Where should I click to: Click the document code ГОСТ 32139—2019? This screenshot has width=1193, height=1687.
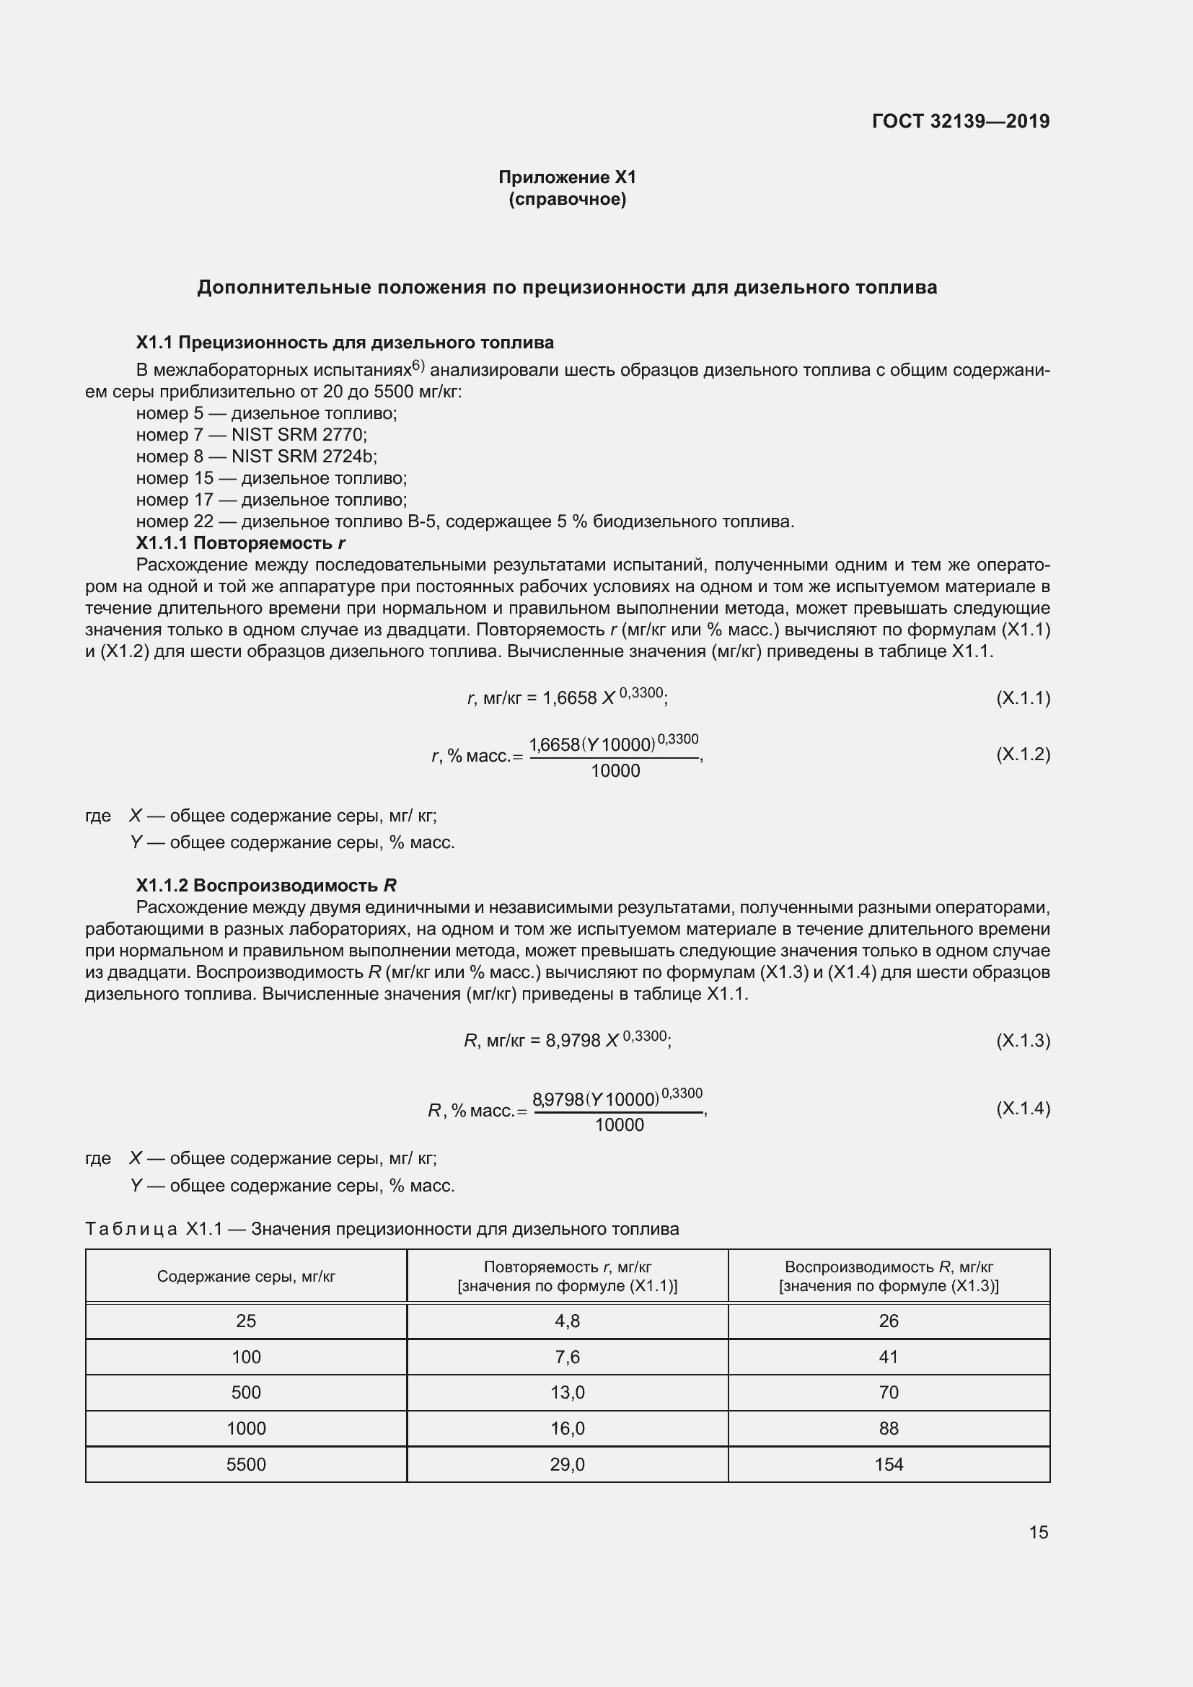pyautogui.click(x=960, y=121)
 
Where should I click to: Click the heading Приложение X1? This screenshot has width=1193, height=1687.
pyautogui.click(x=567, y=177)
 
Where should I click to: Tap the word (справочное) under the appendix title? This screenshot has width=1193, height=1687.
pyautogui.click(x=567, y=199)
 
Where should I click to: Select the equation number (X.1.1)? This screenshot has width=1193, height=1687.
pyautogui.click(x=1023, y=697)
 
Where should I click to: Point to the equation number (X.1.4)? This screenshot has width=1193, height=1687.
pyautogui.click(x=1023, y=1108)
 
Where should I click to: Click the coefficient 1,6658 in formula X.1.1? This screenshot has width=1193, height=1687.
pyautogui.click(x=569, y=698)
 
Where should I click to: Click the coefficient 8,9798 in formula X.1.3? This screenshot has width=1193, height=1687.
pyautogui.click(x=573, y=1041)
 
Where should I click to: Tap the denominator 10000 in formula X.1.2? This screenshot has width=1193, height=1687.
pyautogui.click(x=615, y=771)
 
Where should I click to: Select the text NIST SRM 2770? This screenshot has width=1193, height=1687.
pyautogui.click(x=299, y=435)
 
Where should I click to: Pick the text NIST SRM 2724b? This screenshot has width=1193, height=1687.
pyautogui.click(x=304, y=457)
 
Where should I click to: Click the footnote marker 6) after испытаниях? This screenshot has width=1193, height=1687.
pyautogui.click(x=418, y=365)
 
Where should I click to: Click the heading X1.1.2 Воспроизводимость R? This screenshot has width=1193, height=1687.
pyautogui.click(x=266, y=886)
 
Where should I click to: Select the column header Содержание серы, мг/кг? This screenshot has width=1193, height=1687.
pyautogui.click(x=246, y=1277)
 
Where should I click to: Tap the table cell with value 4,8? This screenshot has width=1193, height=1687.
pyautogui.click(x=567, y=1321)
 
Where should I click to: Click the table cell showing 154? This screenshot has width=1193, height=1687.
pyautogui.click(x=888, y=1464)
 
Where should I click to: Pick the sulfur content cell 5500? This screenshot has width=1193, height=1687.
pyautogui.click(x=246, y=1464)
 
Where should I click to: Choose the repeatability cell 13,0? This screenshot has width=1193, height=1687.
pyautogui.click(x=567, y=1392)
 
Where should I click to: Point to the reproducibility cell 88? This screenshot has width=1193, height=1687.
pyautogui.click(x=888, y=1428)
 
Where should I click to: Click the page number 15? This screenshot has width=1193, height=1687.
pyautogui.click(x=1038, y=1532)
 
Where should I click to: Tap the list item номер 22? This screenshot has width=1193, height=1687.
pyautogui.click(x=174, y=521)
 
